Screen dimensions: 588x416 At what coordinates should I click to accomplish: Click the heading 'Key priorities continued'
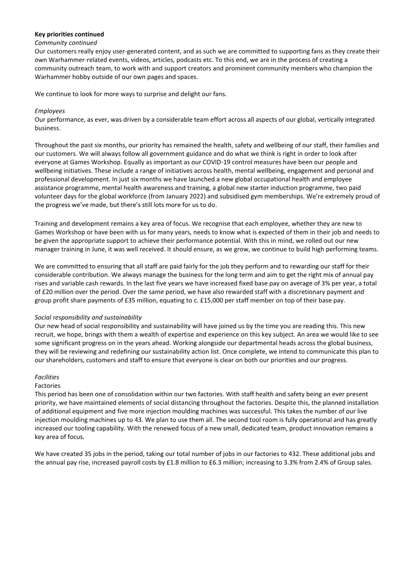click(69, 34)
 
